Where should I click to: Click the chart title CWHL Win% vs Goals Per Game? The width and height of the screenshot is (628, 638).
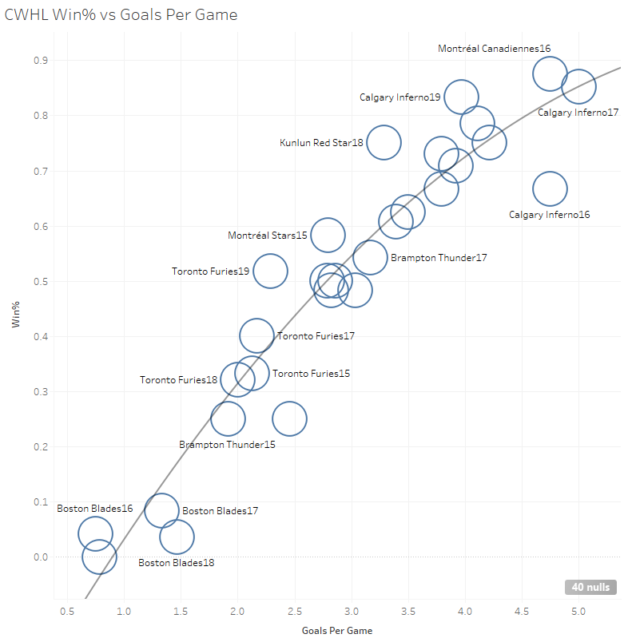pos(121,15)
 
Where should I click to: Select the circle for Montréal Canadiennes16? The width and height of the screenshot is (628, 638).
pos(550,73)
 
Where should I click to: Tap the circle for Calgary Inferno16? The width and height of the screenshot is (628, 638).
pos(550,189)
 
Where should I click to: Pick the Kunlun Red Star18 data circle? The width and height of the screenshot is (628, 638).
pos(384,142)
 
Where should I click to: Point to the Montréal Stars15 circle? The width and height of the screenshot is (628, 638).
pos(328,235)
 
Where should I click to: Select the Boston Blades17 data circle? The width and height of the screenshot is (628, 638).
pos(161,510)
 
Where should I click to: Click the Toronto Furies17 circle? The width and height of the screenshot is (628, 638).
pos(256,335)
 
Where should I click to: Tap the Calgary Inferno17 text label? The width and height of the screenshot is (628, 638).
pos(578,113)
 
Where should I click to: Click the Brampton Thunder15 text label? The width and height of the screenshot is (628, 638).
pos(227,444)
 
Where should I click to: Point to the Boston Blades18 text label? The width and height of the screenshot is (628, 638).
pos(176,562)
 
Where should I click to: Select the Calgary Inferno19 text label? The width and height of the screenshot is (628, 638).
pos(399,97)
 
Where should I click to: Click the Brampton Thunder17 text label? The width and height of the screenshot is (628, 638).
pos(439,258)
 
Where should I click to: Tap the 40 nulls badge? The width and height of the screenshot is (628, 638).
pos(591,587)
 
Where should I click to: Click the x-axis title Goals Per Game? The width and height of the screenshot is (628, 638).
pos(336,630)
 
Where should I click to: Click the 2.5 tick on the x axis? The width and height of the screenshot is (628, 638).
pos(295,612)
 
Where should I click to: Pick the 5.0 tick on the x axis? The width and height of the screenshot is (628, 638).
pos(578,612)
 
